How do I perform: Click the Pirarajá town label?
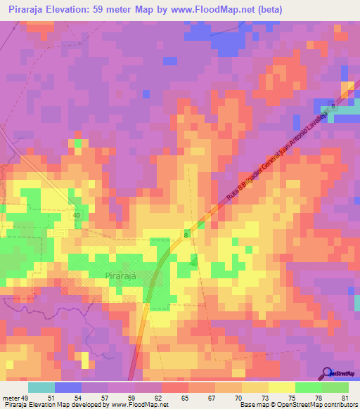[127, 276]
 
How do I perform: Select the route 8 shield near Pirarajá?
[187, 234]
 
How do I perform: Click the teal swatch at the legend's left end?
[41, 387]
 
